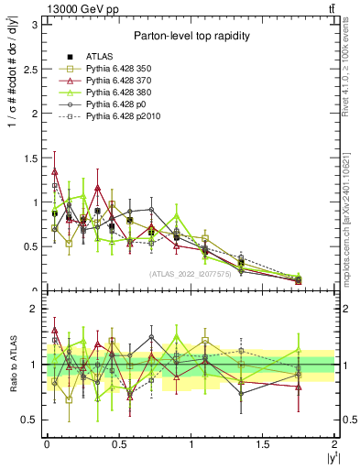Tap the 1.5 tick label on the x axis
[263, 443]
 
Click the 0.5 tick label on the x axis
[119, 443]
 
